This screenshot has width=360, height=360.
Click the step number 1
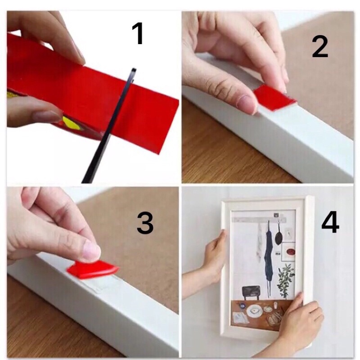138,34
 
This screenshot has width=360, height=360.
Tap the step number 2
320,47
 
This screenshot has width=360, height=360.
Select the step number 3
145,223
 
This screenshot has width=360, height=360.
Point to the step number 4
330,222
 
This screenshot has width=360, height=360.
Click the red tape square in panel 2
274,98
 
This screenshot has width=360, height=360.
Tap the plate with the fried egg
254,311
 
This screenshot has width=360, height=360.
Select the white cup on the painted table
275,306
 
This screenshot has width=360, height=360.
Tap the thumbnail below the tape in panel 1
46,116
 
